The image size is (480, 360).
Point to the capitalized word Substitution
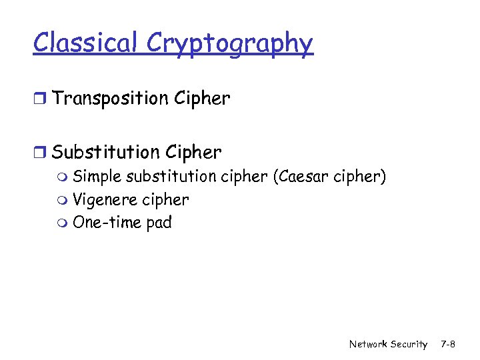[105, 152]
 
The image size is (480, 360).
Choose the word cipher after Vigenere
[164, 201]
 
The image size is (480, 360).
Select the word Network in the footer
[368, 344]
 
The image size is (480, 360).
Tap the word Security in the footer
[408, 344]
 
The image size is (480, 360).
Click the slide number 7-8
[448, 344]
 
